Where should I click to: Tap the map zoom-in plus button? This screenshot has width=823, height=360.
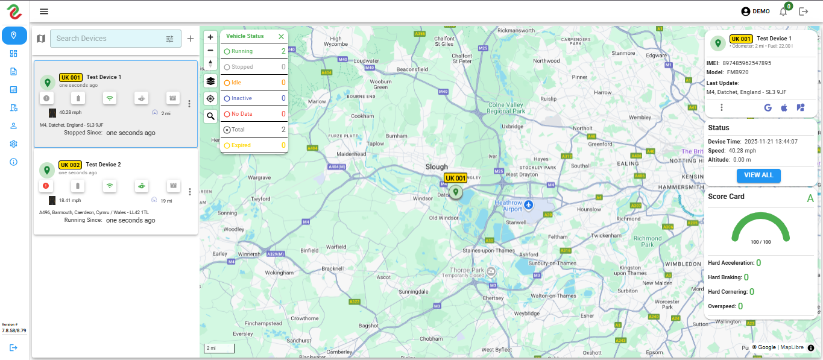tap(210, 37)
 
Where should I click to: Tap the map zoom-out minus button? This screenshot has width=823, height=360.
tap(210, 51)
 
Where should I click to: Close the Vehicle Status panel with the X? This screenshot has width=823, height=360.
tap(281, 36)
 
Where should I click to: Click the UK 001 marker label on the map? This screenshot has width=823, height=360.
tap(456, 178)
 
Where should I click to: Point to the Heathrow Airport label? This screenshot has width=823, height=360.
tap(508, 206)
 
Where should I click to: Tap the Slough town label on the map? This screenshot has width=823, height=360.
tap(437, 166)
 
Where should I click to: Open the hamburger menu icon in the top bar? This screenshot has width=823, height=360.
tap(44, 11)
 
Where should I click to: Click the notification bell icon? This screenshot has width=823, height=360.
tap(783, 11)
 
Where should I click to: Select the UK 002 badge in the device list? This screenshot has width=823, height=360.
tap(70, 165)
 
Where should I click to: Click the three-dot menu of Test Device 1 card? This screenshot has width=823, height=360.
tap(189, 104)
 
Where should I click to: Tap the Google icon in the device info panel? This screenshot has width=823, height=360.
tap(768, 107)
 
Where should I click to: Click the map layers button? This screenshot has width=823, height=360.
tap(210, 81)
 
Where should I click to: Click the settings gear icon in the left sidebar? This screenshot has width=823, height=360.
tap(14, 144)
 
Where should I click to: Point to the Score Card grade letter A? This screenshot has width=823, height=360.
tap(810, 198)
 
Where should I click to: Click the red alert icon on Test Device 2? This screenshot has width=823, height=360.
tap(46, 186)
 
